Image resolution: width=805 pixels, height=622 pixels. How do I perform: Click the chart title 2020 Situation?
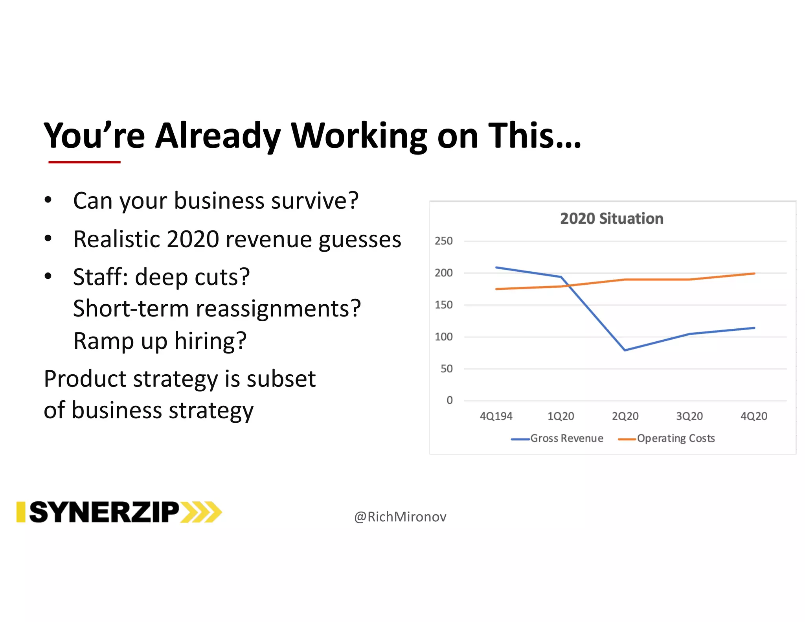(x=611, y=219)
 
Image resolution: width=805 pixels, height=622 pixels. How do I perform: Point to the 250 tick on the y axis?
(x=443, y=241)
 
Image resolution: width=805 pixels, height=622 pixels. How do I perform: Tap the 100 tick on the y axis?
(x=443, y=337)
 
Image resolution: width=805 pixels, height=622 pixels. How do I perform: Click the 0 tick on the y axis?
(x=449, y=400)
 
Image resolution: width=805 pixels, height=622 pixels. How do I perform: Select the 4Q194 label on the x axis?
(x=496, y=416)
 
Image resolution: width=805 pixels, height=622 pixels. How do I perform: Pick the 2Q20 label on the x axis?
(x=625, y=416)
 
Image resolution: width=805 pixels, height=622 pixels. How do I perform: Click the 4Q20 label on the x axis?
(x=754, y=416)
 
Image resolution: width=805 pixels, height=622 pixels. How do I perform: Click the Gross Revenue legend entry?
(x=566, y=438)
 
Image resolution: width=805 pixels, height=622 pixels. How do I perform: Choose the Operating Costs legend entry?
(x=675, y=438)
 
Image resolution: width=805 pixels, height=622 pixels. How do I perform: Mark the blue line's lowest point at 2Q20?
(x=625, y=350)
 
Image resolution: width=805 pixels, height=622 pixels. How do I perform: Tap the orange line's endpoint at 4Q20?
(x=754, y=274)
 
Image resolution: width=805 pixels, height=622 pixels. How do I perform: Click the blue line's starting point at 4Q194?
(x=496, y=267)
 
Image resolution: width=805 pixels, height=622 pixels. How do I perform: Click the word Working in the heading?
(x=358, y=136)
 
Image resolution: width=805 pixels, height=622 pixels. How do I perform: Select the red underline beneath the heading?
(x=84, y=162)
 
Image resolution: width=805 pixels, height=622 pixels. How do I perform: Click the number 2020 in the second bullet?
(x=193, y=239)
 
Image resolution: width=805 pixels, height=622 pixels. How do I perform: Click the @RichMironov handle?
(x=400, y=517)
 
